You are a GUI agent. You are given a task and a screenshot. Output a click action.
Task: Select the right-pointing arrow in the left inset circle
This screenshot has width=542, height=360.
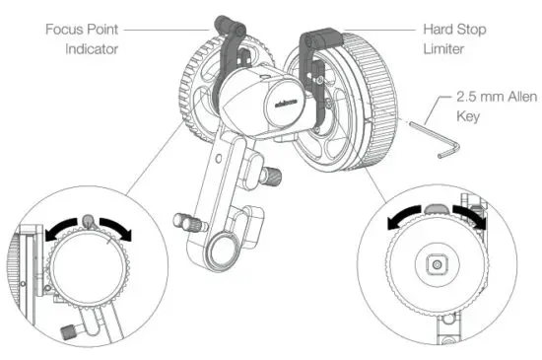point(120,226)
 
